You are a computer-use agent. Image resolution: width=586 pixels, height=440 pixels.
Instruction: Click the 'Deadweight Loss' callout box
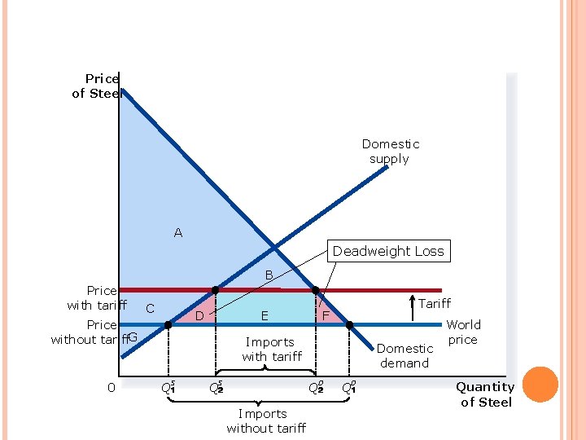tap(388, 251)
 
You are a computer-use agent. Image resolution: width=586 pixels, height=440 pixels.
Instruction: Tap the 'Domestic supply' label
tap(390, 152)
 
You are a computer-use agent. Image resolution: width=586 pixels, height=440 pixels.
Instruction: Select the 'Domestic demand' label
tap(405, 356)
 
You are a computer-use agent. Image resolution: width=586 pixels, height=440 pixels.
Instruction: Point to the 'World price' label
tap(463, 332)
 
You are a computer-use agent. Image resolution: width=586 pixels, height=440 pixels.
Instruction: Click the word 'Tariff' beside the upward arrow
tap(435, 303)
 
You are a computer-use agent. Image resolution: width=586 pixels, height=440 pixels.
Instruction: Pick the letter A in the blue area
tap(178, 233)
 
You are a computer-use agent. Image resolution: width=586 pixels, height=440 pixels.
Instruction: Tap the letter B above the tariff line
tap(269, 275)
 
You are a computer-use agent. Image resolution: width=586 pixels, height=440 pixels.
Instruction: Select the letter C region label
tap(150, 309)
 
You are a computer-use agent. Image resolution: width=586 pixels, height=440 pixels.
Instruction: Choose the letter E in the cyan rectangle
tap(265, 315)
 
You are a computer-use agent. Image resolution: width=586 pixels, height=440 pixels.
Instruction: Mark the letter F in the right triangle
tap(325, 315)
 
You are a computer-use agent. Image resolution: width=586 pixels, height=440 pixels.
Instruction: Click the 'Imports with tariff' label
tap(271, 350)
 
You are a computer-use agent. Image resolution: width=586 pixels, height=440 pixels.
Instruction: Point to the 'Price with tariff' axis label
tap(98, 297)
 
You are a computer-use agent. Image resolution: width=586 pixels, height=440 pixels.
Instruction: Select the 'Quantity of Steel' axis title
tap(485, 394)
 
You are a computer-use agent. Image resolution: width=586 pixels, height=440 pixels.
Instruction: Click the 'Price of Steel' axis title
tap(97, 86)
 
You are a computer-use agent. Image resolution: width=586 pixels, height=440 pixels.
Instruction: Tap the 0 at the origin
tap(112, 387)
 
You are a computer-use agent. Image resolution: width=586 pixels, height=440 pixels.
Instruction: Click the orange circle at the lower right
tap(540, 385)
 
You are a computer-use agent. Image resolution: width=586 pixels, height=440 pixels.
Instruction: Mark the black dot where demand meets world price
tap(350, 325)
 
